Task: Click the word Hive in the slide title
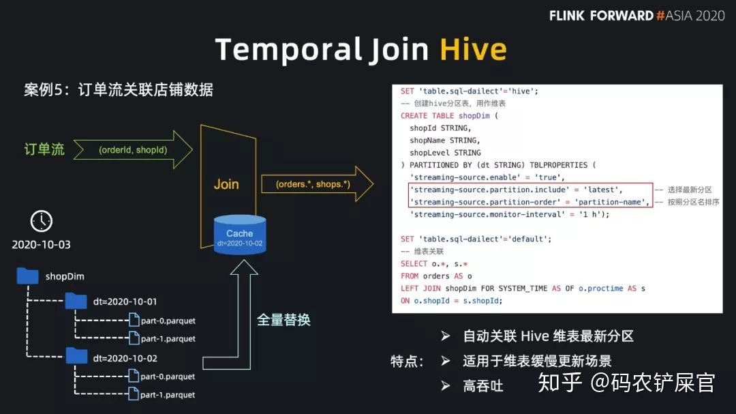click(x=473, y=50)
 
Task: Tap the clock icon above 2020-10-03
click(x=42, y=221)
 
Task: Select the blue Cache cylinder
click(x=240, y=235)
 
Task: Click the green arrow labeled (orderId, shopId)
click(x=133, y=149)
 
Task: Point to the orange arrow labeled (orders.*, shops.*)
click(x=316, y=184)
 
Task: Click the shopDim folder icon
click(x=28, y=276)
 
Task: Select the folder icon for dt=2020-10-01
click(x=76, y=301)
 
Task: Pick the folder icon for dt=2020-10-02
click(x=76, y=357)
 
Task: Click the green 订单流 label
click(x=44, y=149)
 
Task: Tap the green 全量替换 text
click(x=283, y=319)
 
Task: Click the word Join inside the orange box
click(x=226, y=184)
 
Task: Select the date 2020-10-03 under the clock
click(x=41, y=244)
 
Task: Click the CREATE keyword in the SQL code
click(x=414, y=116)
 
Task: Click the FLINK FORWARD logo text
click(x=601, y=15)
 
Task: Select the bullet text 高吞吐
click(x=483, y=385)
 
